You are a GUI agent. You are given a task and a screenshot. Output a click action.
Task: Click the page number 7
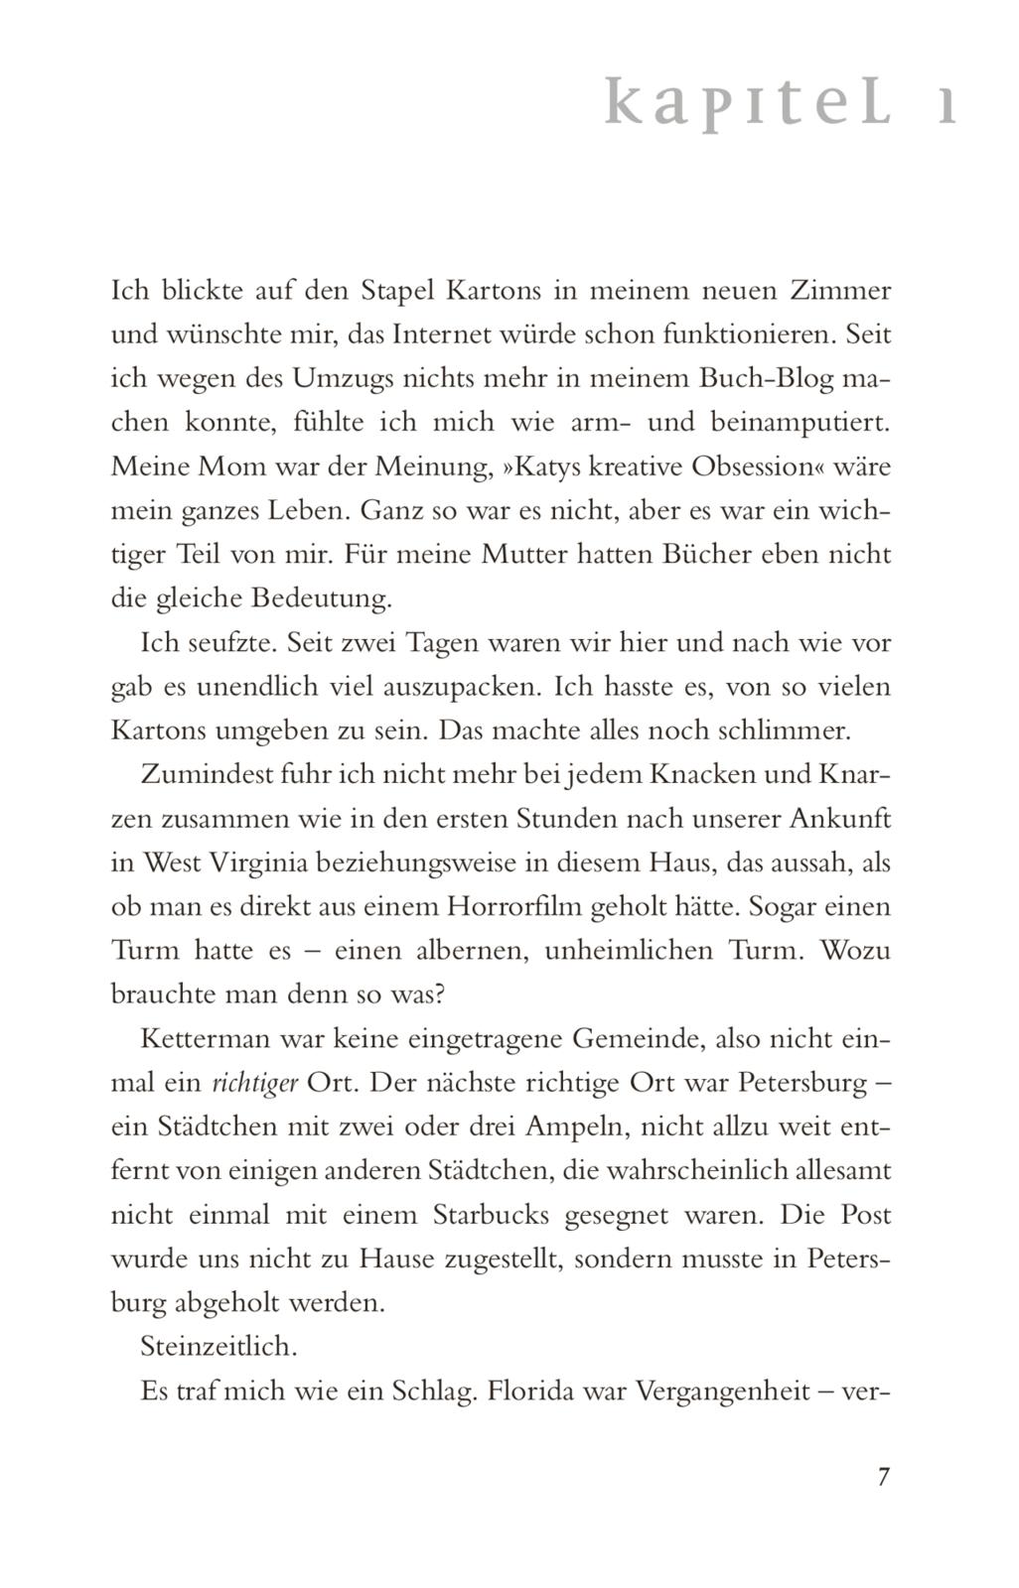pyautogui.click(x=884, y=1476)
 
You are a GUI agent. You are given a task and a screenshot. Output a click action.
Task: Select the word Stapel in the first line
pyautogui.click(x=397, y=291)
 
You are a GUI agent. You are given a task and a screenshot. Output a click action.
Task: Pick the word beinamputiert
pyautogui.click(x=800, y=422)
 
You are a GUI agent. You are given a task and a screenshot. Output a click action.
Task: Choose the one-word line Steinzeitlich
pyautogui.click(x=219, y=1346)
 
